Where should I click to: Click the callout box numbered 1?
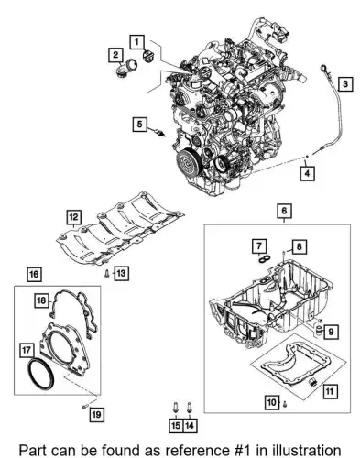136,42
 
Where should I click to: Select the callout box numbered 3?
345,83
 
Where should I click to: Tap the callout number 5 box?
139,125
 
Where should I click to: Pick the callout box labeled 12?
73,217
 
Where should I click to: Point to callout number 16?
34,274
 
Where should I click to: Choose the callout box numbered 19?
96,414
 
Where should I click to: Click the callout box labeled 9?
331,331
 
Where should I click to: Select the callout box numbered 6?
284,211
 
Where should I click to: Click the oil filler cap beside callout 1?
148,57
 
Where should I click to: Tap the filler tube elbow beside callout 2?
126,70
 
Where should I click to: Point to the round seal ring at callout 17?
41,374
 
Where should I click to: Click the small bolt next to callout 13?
106,274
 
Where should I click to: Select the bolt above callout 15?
176,409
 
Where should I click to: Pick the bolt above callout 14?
189,409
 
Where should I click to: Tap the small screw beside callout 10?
285,404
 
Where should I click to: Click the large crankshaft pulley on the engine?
188,161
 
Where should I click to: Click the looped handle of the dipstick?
323,69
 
